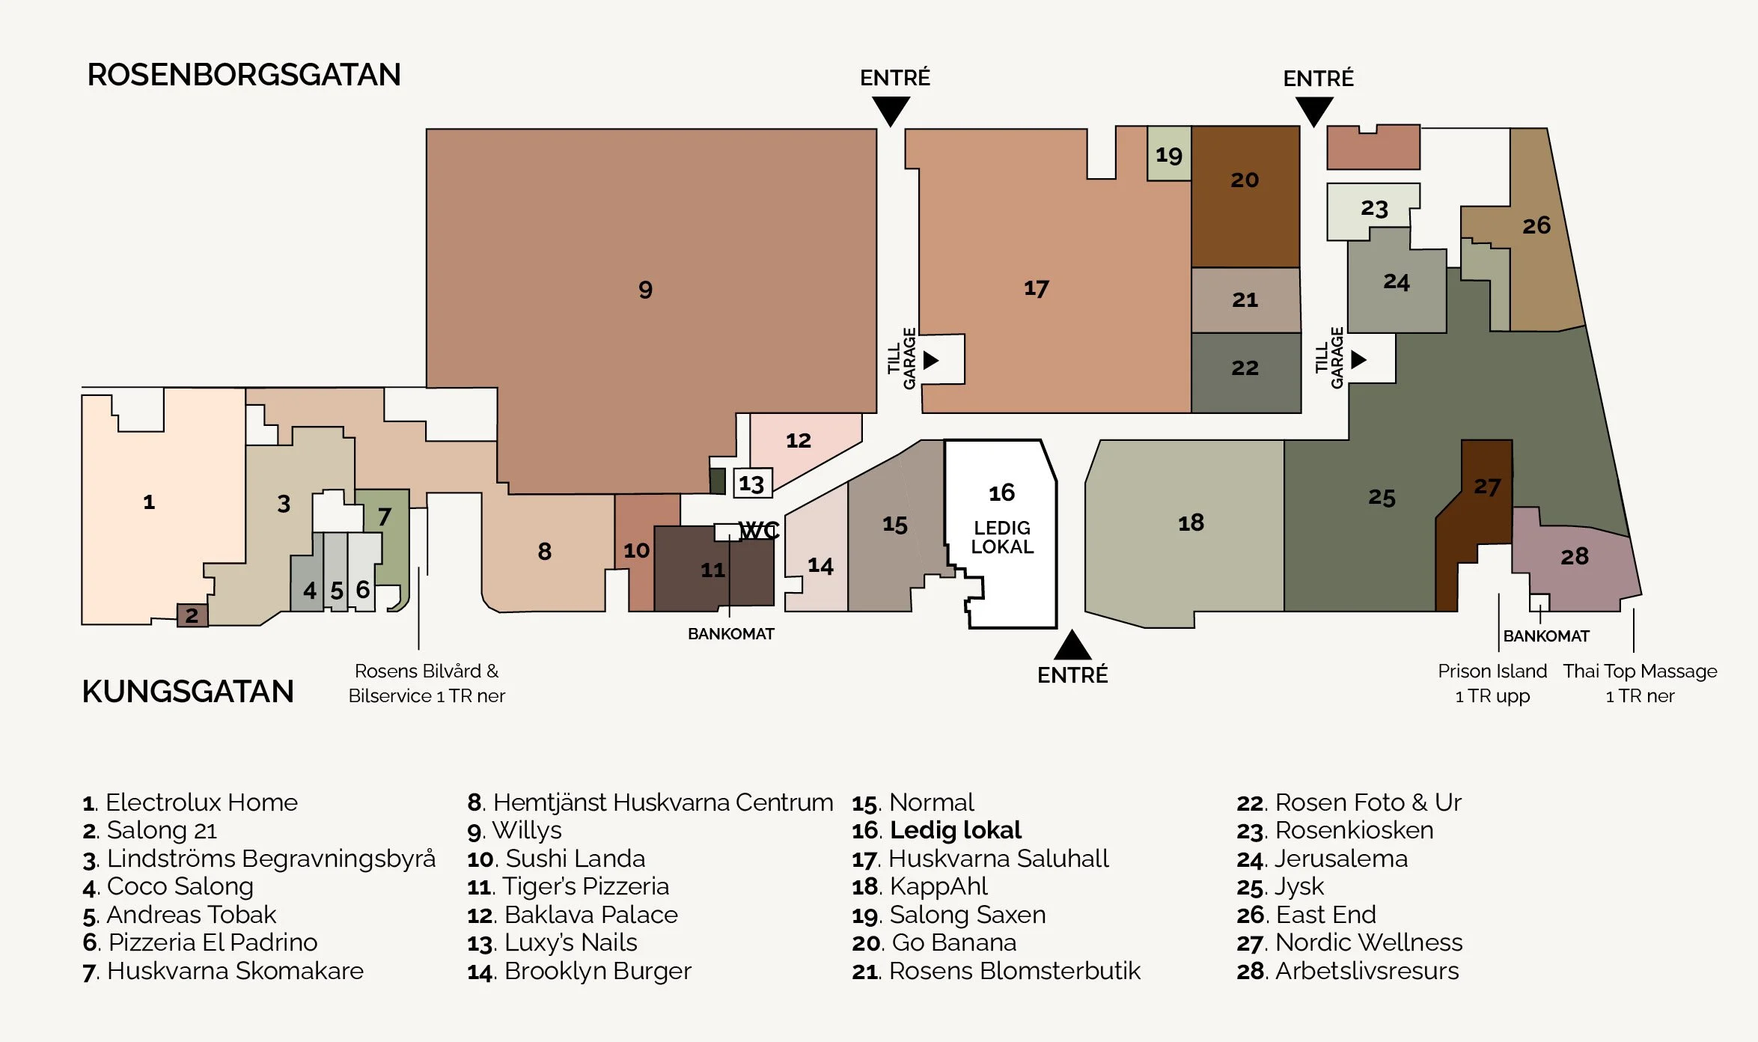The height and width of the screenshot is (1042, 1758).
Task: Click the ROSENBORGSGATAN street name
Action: click(244, 75)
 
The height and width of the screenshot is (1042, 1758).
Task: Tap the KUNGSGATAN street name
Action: click(188, 691)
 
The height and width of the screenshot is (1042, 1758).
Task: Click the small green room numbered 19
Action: click(1168, 154)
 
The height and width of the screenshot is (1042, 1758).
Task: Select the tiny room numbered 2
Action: click(192, 615)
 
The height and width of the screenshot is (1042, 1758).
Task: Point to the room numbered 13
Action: click(751, 484)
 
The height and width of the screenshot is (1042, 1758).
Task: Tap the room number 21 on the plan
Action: click(1245, 299)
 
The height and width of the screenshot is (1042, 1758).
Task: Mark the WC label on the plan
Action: click(759, 530)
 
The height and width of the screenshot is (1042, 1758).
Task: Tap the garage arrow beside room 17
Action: click(931, 360)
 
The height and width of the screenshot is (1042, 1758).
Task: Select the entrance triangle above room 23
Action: click(1313, 112)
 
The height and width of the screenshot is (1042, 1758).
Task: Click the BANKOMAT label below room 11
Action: click(730, 634)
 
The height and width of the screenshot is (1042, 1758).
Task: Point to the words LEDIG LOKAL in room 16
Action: click(1001, 537)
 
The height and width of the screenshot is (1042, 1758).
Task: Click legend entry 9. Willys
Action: click(514, 830)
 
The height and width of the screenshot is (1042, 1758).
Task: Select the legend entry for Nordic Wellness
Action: click(1349, 942)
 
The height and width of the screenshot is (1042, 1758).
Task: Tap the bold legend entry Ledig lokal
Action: click(936, 830)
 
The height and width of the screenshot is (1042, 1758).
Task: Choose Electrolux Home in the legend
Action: click(190, 802)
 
